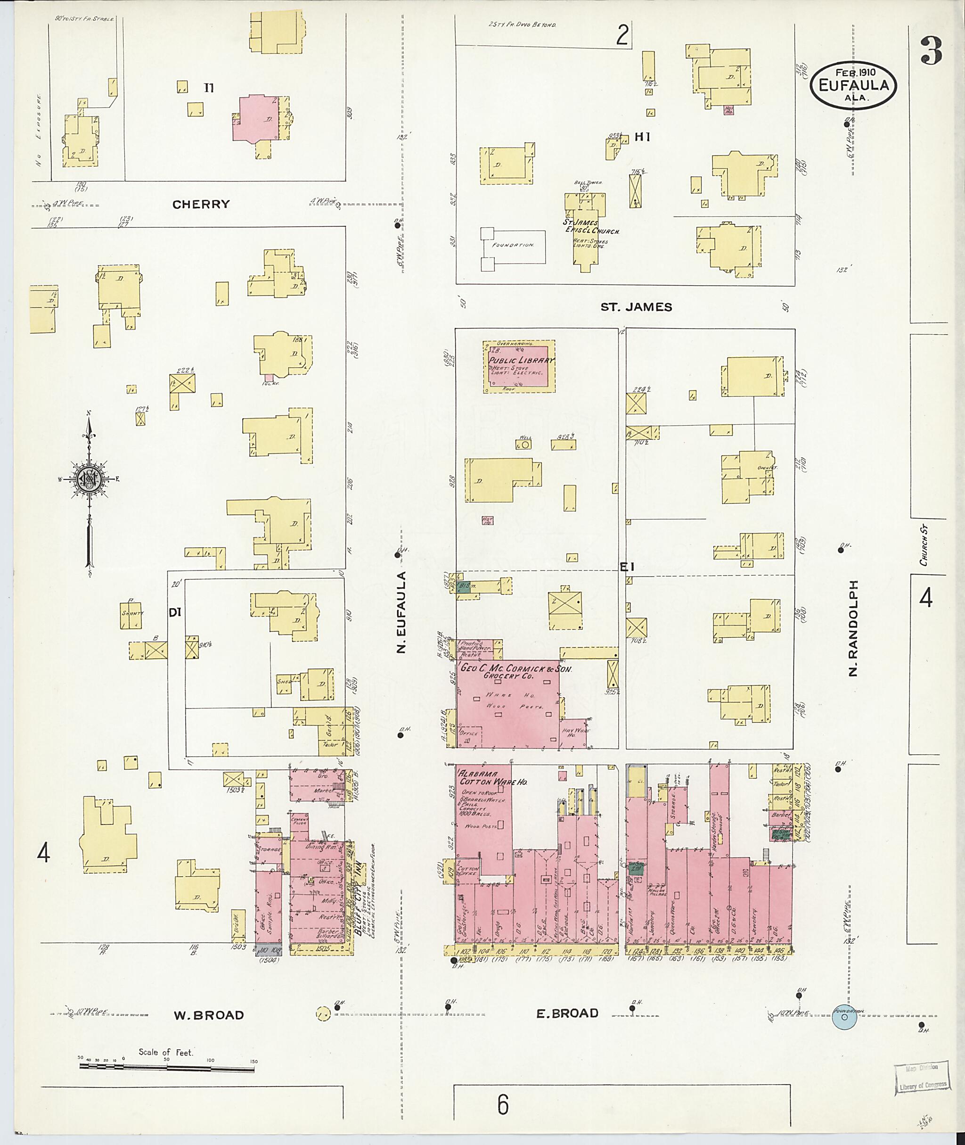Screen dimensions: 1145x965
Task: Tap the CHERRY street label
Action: [x=201, y=204]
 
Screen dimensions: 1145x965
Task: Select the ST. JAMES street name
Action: [x=636, y=306]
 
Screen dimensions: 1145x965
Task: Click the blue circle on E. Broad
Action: [x=844, y=1017]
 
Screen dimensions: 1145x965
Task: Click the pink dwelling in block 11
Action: [x=256, y=119]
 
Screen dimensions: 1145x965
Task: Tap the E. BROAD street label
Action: [x=567, y=1013]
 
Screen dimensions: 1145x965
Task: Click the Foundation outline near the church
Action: [x=513, y=245]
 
